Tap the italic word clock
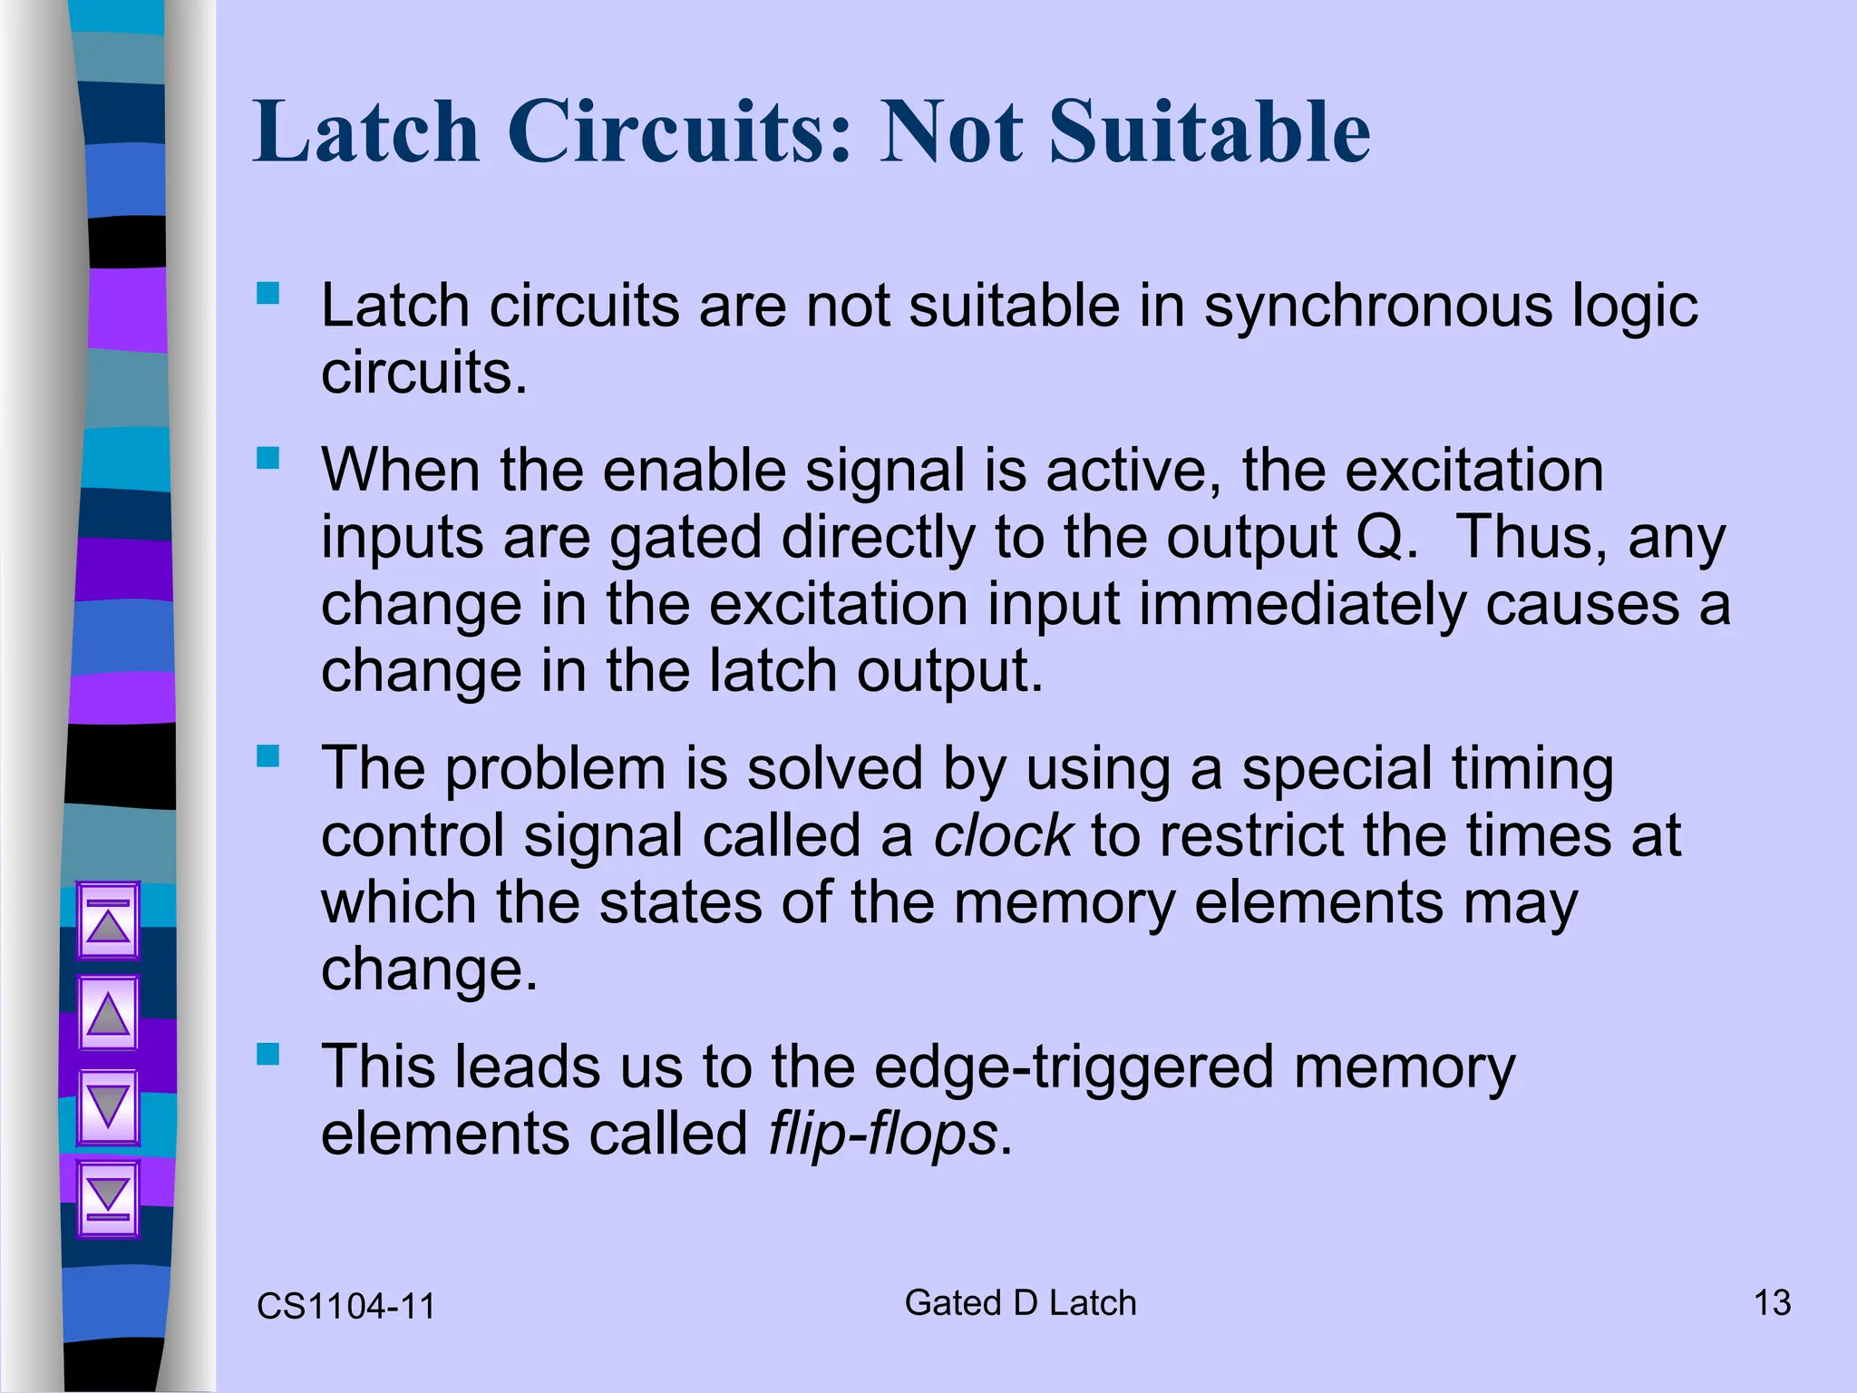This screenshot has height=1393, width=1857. point(1003,835)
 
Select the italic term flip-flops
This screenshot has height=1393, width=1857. point(882,1134)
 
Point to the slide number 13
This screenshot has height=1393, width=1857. point(1772,1303)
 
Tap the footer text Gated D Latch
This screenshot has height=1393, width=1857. point(1020,1303)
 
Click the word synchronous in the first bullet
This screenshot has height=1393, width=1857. point(1377,306)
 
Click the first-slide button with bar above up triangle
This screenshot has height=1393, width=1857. point(109,921)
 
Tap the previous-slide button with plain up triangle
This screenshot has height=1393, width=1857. point(109,1013)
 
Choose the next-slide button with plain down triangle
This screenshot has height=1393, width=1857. point(109,1106)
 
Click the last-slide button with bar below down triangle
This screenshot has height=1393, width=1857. point(109,1198)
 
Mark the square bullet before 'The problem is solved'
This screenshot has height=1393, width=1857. point(267,755)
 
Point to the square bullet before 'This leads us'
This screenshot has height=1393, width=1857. point(267,1054)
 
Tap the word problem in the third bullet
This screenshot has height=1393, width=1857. point(555,769)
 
